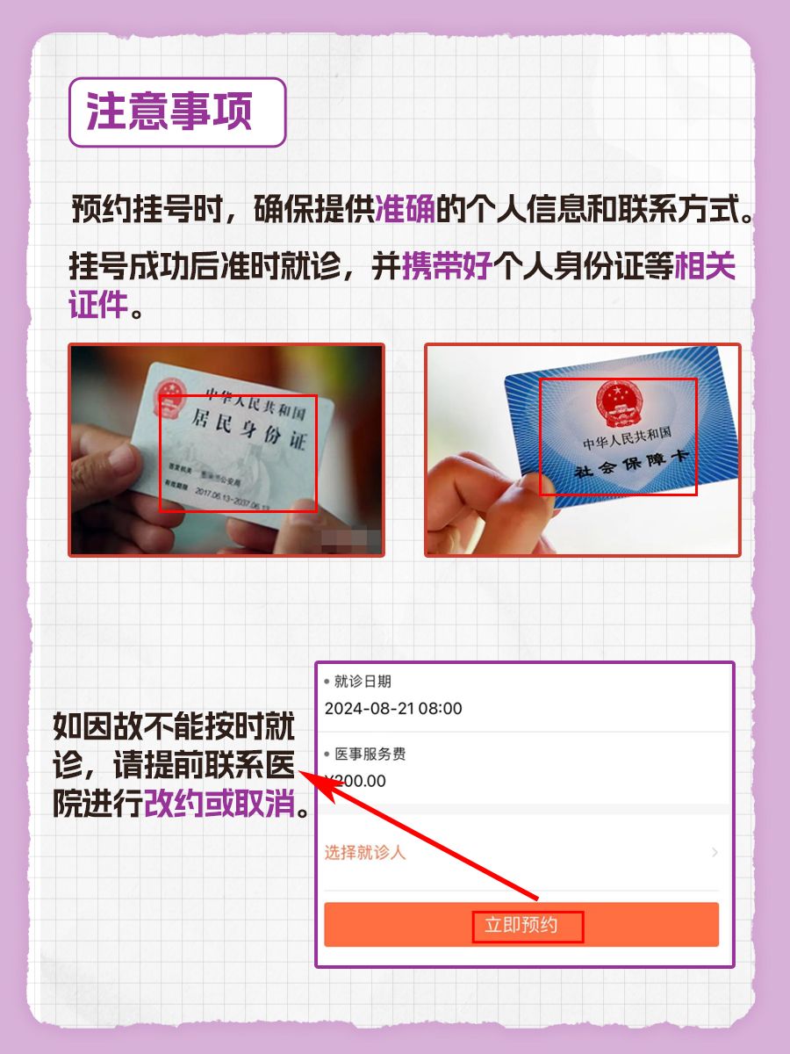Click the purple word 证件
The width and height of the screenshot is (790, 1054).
click(x=98, y=304)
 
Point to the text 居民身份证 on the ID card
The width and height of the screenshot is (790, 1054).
click(x=255, y=435)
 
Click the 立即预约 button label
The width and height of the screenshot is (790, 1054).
click(x=527, y=925)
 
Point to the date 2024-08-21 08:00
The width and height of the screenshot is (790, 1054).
click(x=393, y=709)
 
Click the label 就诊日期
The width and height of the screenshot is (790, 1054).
click(x=363, y=682)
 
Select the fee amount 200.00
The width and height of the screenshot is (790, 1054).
click(x=359, y=781)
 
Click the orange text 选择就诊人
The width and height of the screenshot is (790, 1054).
click(x=365, y=852)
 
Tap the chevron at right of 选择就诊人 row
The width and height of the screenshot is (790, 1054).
click(x=715, y=852)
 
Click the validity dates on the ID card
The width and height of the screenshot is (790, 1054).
click(x=233, y=502)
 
